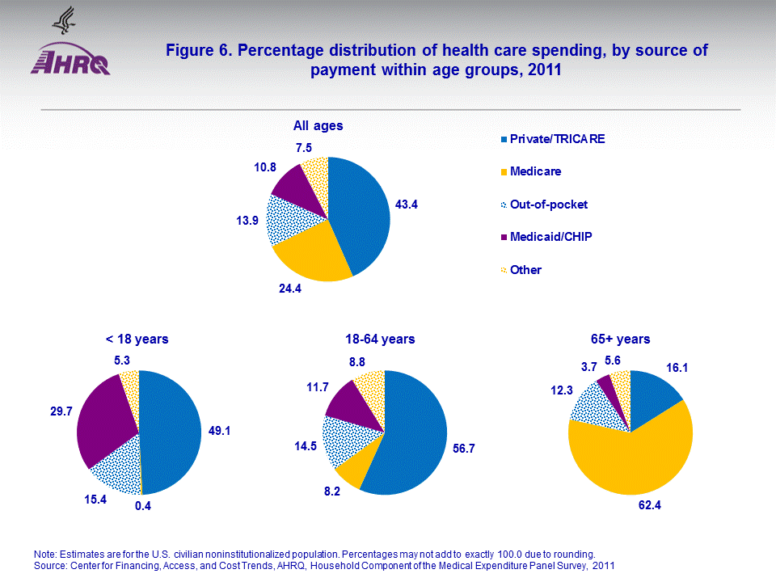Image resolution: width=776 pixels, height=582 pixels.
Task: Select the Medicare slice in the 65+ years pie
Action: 630,461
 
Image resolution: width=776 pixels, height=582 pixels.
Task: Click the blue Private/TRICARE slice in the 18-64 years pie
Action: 412,436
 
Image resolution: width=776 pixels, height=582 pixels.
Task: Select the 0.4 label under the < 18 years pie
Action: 143,507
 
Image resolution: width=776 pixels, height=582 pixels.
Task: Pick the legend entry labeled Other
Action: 525,270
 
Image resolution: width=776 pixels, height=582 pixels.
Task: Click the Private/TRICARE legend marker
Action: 504,139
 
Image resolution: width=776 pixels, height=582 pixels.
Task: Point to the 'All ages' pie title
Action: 318,126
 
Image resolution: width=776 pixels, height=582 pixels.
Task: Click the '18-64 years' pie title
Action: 379,339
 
